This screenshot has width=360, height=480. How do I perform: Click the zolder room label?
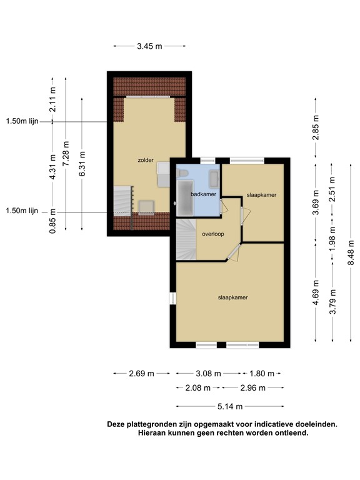pos(146,160)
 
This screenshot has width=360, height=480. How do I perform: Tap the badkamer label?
pos(203,194)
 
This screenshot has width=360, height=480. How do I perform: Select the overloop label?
pos(213,234)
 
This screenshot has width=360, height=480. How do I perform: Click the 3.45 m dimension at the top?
pos(150,46)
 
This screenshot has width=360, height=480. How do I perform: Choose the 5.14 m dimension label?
pos(230,406)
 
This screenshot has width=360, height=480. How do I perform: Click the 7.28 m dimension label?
pos(66,153)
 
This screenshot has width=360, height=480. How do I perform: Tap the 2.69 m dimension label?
pos(141,374)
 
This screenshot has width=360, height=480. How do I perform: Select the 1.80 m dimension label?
pos(262,374)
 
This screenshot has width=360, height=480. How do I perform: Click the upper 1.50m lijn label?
pos(22,121)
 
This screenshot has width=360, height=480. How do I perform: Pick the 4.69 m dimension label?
pos(316,292)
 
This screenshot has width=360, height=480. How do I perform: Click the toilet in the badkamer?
pos(184,173)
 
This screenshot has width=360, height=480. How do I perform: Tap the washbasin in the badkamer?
pos(213,179)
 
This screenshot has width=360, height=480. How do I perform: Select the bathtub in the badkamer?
pos(186,197)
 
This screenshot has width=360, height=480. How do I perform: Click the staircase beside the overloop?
pos(186,239)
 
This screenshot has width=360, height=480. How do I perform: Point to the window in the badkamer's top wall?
pos(208,161)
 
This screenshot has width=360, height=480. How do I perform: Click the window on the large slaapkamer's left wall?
pos(173,299)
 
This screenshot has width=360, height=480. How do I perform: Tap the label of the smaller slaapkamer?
pos(261,195)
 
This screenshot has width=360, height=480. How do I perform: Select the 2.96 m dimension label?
pos(253,388)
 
